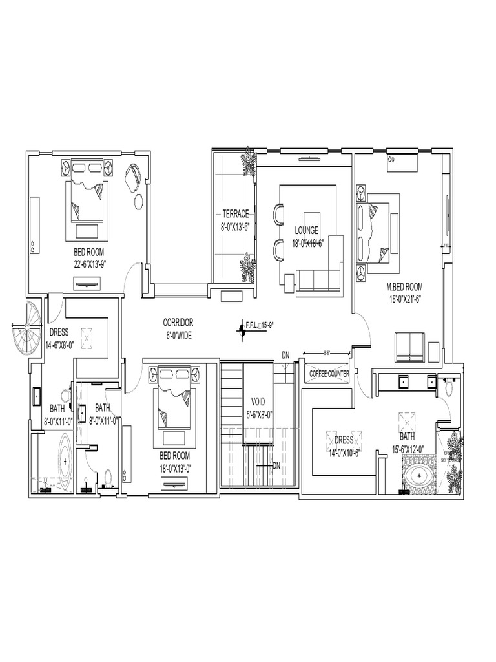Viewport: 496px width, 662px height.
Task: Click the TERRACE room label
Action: tap(235, 213)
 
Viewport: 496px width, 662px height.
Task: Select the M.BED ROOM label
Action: tap(404, 286)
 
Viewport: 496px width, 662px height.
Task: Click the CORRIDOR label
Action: tap(178, 322)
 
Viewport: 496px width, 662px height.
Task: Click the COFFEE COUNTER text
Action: tap(329, 374)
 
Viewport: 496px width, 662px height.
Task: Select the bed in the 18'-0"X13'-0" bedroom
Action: tap(173, 401)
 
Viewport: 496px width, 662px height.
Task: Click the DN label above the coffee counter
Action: tap(285, 355)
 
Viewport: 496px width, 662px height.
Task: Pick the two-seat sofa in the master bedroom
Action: tap(409, 347)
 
